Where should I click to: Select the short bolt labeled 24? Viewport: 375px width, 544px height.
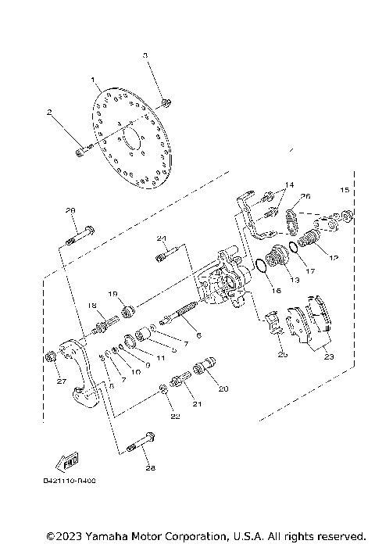168,253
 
